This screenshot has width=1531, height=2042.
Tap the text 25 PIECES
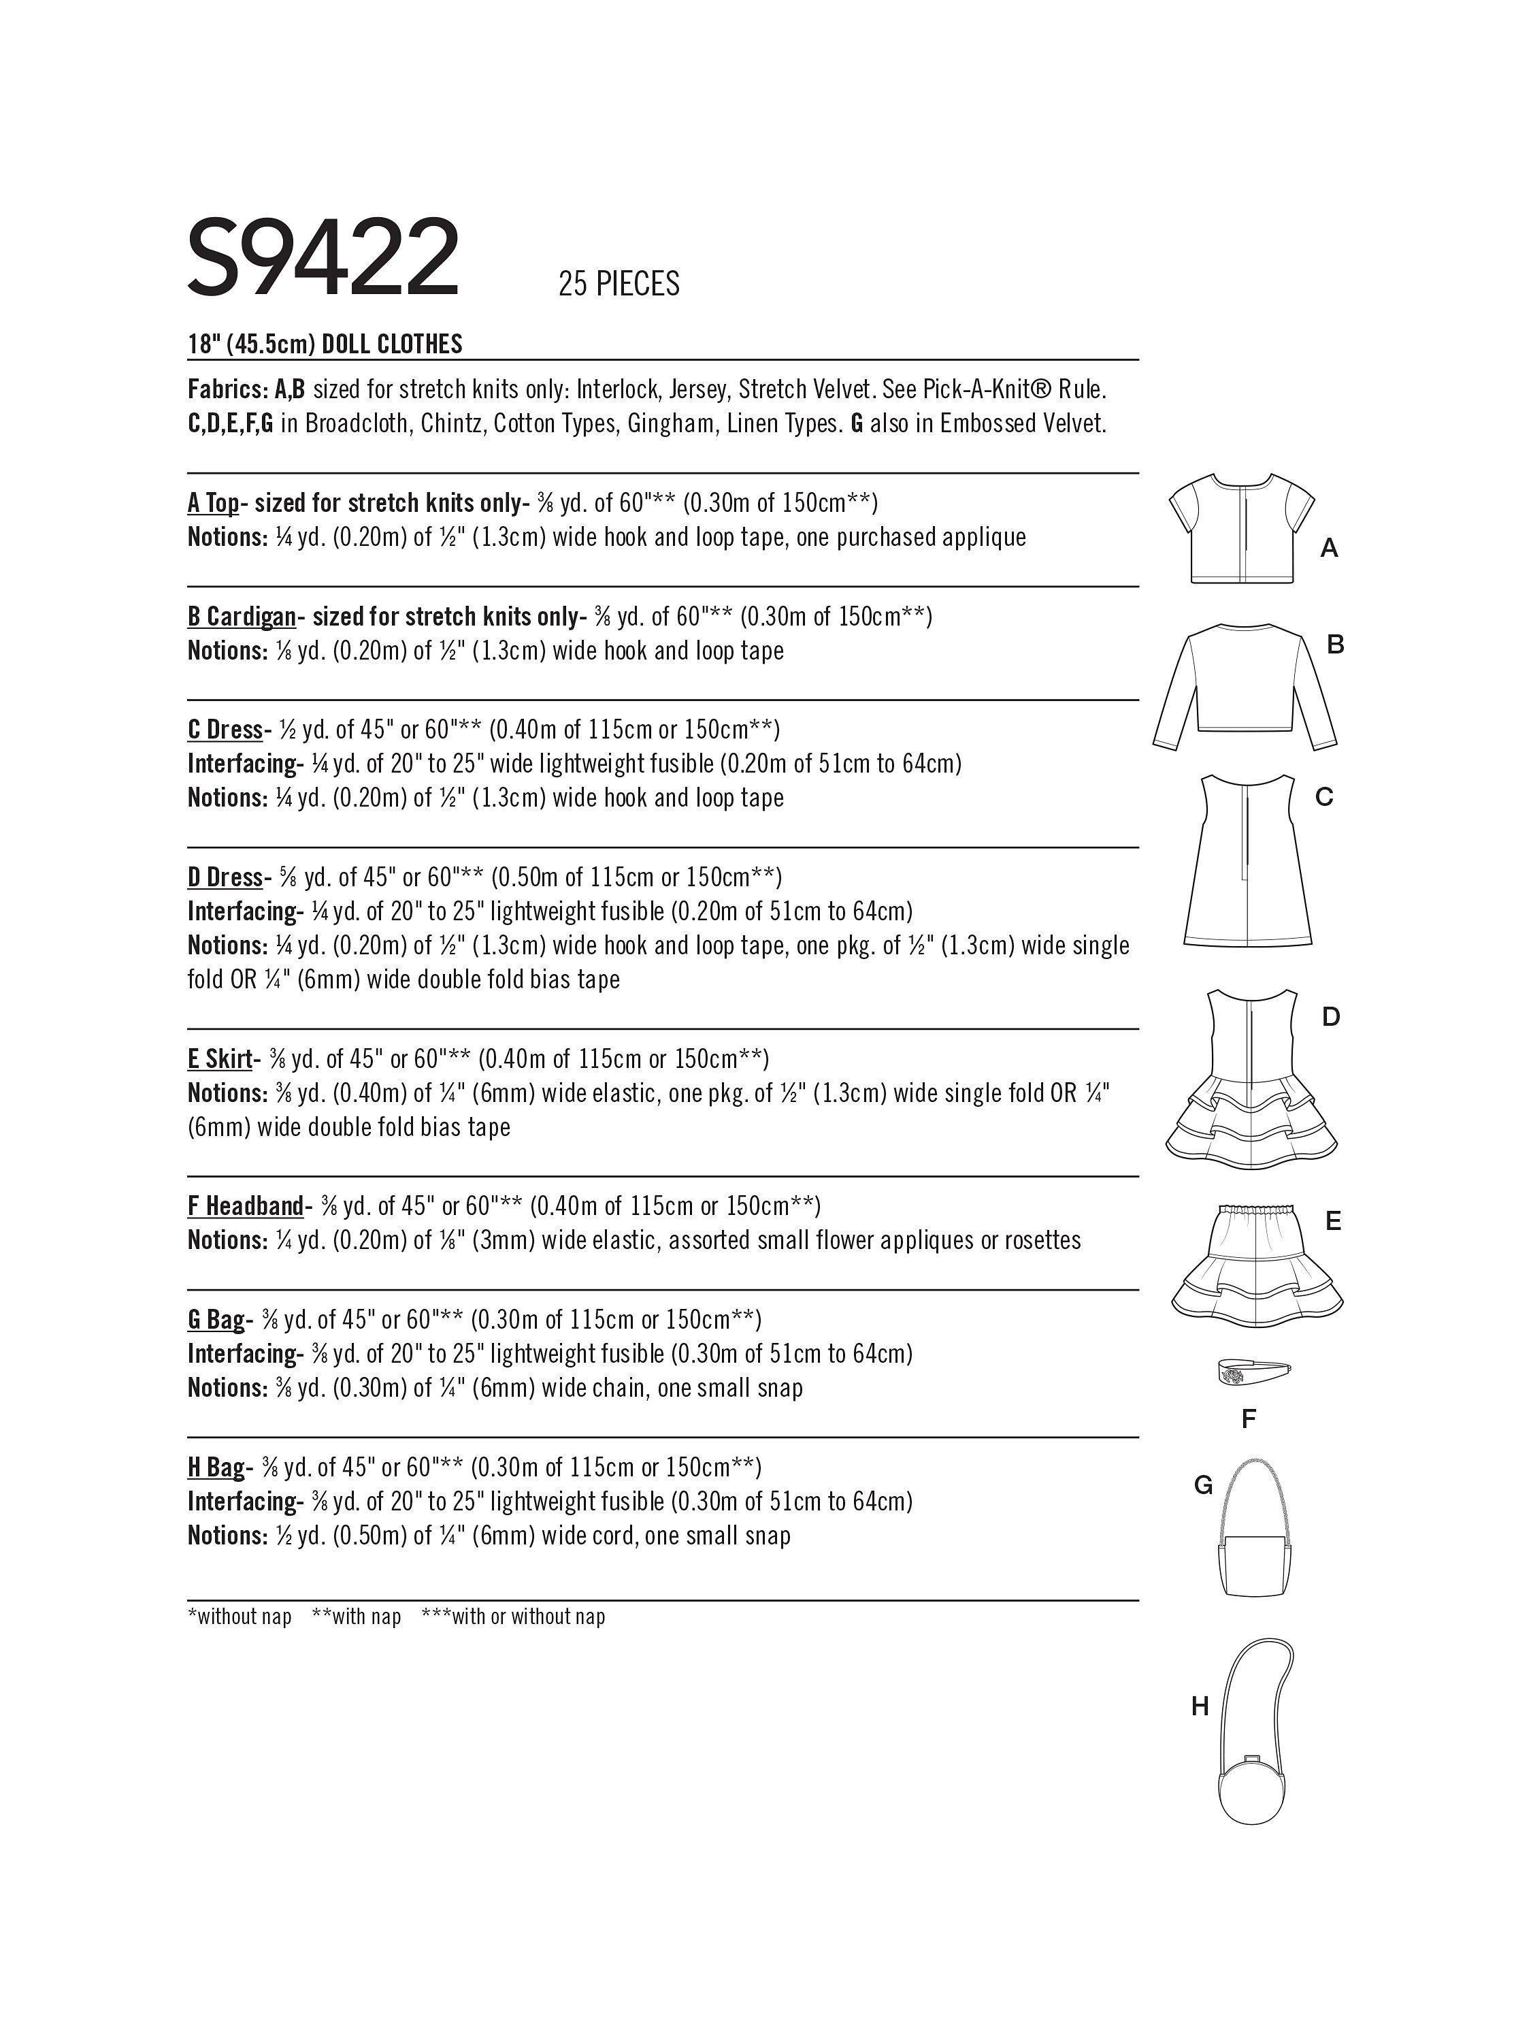[x=619, y=283]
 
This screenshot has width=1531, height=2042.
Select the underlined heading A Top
[x=213, y=503]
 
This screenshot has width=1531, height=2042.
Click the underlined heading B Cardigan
[x=242, y=617]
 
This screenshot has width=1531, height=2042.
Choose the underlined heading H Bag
[x=216, y=1467]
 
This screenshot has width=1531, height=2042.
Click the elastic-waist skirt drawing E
[x=1257, y=1265]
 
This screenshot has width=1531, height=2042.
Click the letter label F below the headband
[x=1249, y=1419]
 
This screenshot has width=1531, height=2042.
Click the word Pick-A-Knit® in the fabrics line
[x=989, y=389]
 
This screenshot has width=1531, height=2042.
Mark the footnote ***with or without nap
[x=512, y=1617]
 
